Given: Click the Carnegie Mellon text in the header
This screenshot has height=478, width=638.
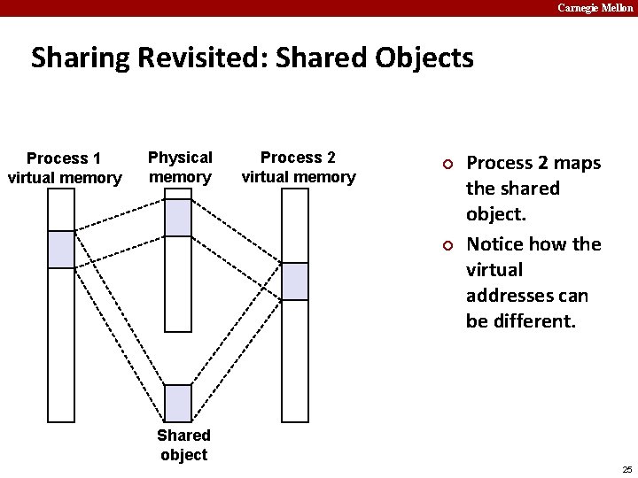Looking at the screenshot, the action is (595, 8).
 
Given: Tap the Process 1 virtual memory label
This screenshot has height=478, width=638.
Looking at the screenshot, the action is (64, 168).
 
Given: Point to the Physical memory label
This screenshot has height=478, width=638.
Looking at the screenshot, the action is (180, 166).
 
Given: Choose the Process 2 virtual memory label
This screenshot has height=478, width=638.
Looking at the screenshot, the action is (298, 166).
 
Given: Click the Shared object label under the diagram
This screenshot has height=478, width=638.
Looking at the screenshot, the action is (183, 444).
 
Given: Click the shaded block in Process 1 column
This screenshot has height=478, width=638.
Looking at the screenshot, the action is (61, 250).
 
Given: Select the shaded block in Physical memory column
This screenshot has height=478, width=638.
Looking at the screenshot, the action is (178, 218).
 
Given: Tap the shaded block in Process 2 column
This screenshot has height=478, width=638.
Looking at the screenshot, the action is (295, 281).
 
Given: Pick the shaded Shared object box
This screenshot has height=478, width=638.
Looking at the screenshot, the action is (178, 403).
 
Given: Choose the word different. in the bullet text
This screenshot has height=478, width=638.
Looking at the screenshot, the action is (533, 320).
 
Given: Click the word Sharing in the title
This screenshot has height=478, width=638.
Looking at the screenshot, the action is (80, 59).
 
